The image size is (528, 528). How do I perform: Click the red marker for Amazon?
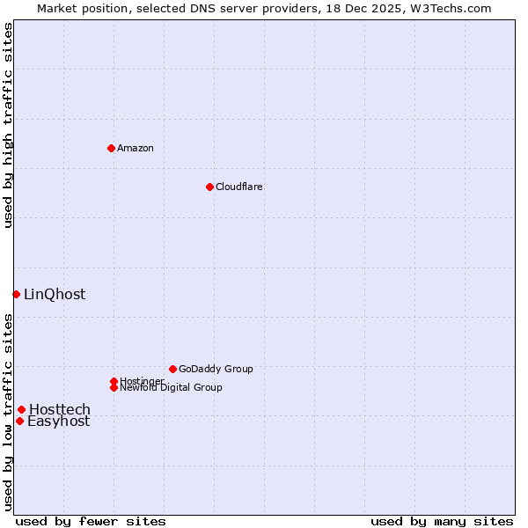tap(111, 148)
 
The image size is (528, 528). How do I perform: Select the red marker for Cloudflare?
tap(209, 187)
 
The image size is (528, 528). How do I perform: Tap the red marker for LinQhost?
tap(16, 294)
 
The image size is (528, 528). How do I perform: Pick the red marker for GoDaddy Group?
tap(172, 369)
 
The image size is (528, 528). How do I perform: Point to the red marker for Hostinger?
tap(114, 381)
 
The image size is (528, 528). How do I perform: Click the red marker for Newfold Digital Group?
tap(114, 387)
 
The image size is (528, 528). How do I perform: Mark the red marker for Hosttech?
tap(21, 409)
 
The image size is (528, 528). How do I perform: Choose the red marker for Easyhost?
tap(19, 421)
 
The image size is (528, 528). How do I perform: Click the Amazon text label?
tap(135, 148)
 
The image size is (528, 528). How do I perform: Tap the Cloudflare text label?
tap(238, 187)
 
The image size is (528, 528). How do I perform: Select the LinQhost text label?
tap(55, 294)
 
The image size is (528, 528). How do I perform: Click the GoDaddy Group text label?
tap(216, 369)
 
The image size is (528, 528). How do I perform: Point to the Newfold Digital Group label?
tap(171, 387)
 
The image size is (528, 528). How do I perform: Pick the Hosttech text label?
tap(60, 409)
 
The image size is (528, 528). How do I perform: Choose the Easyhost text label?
tap(58, 421)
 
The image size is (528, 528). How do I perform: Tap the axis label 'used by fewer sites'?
tap(91, 521)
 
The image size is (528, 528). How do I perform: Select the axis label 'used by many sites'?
tap(442, 521)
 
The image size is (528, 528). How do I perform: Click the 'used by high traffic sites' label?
tap(8, 125)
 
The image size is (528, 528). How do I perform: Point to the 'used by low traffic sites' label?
tap(8, 412)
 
